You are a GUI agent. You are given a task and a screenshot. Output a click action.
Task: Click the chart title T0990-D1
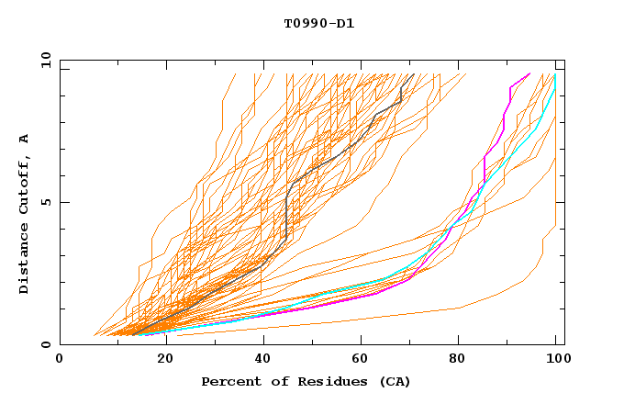(318, 24)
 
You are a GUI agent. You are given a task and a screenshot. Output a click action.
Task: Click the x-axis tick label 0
(60, 360)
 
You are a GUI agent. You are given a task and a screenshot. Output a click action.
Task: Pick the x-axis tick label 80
(457, 360)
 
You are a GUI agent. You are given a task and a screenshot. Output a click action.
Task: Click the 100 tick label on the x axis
(556, 360)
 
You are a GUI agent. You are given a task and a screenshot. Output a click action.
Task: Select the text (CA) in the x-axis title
(396, 381)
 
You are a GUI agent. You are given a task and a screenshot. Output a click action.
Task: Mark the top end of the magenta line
(529, 73)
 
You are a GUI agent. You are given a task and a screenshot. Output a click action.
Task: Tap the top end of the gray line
(414, 73)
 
